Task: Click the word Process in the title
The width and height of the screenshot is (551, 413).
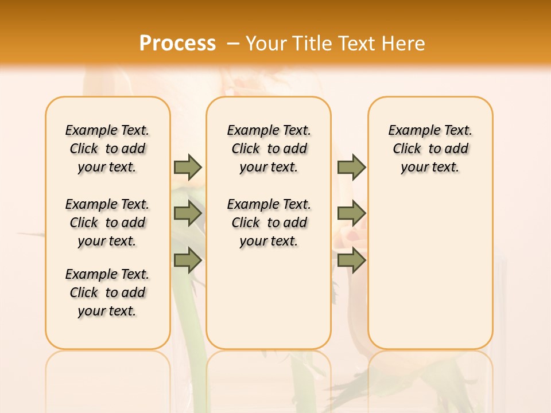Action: click(x=177, y=44)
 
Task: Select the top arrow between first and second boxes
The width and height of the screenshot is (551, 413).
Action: click(x=188, y=167)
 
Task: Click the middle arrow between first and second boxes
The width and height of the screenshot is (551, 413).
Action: click(x=188, y=213)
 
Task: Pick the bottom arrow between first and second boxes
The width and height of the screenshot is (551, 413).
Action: click(x=188, y=260)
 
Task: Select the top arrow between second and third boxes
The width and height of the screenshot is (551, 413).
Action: click(x=351, y=167)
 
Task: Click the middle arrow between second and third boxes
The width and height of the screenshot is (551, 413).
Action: click(x=351, y=213)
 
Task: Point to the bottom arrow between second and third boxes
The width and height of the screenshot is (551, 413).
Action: click(x=351, y=260)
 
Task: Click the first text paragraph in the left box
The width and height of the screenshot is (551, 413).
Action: click(x=107, y=149)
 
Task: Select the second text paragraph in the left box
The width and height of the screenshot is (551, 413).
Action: click(x=107, y=223)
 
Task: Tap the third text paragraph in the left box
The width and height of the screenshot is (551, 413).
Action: click(x=107, y=293)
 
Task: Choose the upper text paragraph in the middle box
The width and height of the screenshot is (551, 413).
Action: click(x=269, y=149)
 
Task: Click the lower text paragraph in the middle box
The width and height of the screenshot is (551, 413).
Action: click(x=269, y=223)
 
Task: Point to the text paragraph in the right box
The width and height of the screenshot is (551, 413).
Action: click(x=430, y=149)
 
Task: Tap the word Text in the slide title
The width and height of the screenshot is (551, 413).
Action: click(x=356, y=44)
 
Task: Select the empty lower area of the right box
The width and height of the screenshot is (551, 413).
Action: click(x=430, y=270)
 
